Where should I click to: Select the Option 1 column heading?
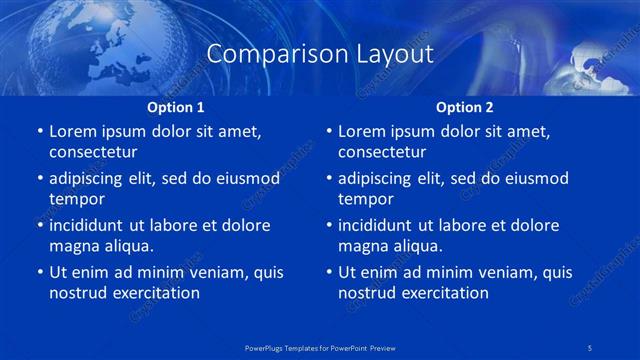point(176,107)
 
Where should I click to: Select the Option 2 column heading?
point(465,107)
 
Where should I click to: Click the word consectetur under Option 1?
point(93,152)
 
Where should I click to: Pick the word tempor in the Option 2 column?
point(363,199)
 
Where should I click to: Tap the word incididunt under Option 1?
point(90,225)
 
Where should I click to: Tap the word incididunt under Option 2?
point(379,225)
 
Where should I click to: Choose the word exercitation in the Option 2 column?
point(443,293)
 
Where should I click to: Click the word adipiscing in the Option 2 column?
point(378,179)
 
